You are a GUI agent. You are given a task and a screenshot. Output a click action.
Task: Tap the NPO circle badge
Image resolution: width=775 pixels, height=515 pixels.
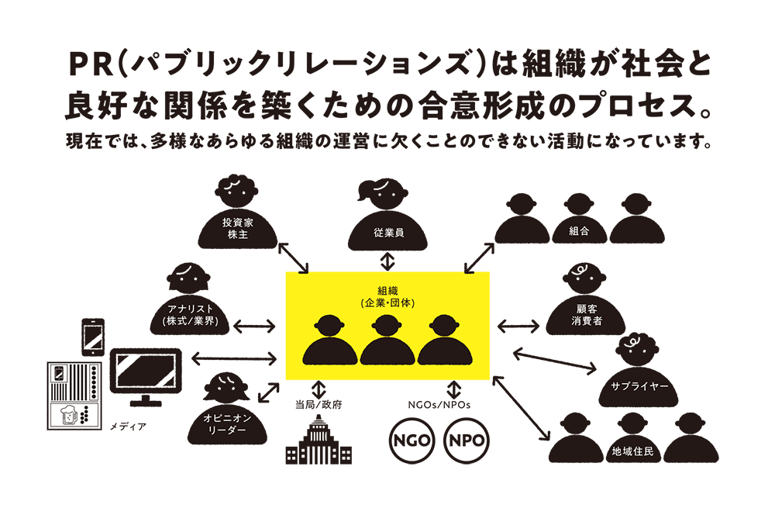click(467, 441)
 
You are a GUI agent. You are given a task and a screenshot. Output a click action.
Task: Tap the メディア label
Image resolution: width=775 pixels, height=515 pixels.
click(128, 427)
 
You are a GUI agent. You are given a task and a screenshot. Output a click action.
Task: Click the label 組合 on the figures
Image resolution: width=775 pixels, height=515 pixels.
click(578, 230)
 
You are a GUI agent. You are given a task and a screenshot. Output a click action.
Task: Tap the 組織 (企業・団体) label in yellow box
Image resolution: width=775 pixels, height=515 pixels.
click(387, 296)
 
